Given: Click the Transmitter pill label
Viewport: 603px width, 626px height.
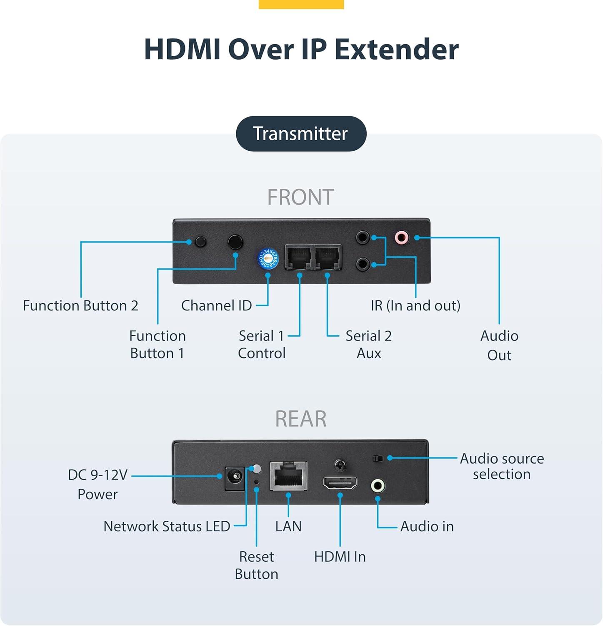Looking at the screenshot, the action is pos(301,134).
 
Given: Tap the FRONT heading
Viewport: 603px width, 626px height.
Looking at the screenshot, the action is pos(300,197).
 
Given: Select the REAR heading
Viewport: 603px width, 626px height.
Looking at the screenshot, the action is pos(300,419).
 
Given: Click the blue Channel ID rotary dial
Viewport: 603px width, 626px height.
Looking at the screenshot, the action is pos(268,258).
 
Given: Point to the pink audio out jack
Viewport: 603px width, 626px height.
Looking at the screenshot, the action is pos(401,237).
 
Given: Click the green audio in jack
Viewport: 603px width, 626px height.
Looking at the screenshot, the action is pos(378,485).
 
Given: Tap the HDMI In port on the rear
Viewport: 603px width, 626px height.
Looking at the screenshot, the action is pos(340,483).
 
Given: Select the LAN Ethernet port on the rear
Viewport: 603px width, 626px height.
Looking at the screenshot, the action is pos(288,475).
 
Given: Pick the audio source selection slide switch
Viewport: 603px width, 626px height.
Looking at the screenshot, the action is pos(378,458).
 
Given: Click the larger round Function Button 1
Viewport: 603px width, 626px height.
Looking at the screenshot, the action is pos(235,242).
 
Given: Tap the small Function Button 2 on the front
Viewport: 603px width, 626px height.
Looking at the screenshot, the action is pos(200,241).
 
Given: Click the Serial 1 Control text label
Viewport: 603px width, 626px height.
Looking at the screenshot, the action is pos(262,344).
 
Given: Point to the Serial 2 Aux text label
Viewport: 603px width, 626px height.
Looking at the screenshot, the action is pos(369,344).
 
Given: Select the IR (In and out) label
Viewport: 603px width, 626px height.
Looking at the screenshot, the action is pos(415,305).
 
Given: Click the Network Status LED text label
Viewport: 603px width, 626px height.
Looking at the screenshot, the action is pos(167,526).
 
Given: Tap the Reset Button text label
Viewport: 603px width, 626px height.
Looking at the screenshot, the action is pos(256,565).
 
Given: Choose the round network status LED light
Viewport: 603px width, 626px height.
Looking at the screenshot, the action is pos(257,469).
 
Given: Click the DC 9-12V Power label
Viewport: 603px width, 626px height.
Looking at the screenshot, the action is pos(98,484).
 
